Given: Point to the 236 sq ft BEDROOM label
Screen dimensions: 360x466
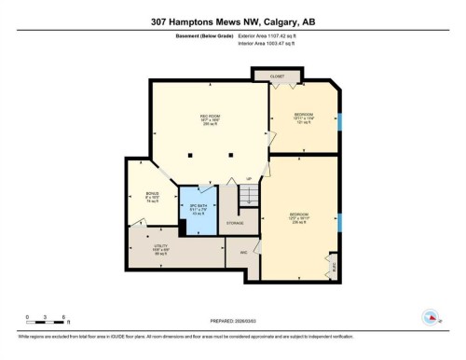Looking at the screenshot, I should pos(298,220).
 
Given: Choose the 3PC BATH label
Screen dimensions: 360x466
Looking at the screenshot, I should pos(197,208).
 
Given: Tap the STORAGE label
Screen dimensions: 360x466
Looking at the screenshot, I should pos(236,224).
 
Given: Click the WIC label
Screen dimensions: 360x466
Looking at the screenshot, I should pos(242,252).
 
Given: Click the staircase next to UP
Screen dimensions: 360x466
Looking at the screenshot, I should pos(249,196).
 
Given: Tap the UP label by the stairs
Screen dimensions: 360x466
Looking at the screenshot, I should pos(249,179).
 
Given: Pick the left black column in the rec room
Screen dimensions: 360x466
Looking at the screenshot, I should pos(190,155).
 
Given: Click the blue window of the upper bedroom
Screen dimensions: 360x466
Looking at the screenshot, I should pos(340,121).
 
